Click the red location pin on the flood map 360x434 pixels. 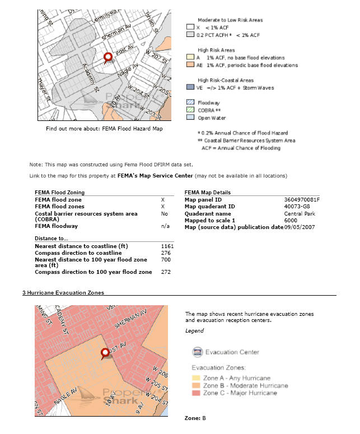pyautogui.click(x=109, y=57)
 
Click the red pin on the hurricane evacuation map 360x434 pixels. pyautogui.click(x=105, y=353)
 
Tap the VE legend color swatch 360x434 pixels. pyautogui.click(x=190, y=88)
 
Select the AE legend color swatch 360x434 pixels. pyautogui.click(x=190, y=65)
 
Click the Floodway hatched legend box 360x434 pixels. pyautogui.click(x=190, y=102)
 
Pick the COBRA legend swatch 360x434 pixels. pyautogui.click(x=190, y=110)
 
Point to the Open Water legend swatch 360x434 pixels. pyautogui.click(x=190, y=118)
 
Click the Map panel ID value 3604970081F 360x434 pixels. pyautogui.click(x=302, y=199)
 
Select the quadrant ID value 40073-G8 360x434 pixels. pyautogui.click(x=296, y=206)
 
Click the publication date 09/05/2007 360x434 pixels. pyautogui.click(x=300, y=227)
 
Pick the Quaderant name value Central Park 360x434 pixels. pyautogui.click(x=299, y=213)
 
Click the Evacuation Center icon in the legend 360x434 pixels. pyautogui.click(x=197, y=352)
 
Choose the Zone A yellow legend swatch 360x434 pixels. pyautogui.click(x=197, y=378)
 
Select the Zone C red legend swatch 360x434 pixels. pyautogui.click(x=197, y=393)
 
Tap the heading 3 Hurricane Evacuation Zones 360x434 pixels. pyautogui.click(x=63, y=292)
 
